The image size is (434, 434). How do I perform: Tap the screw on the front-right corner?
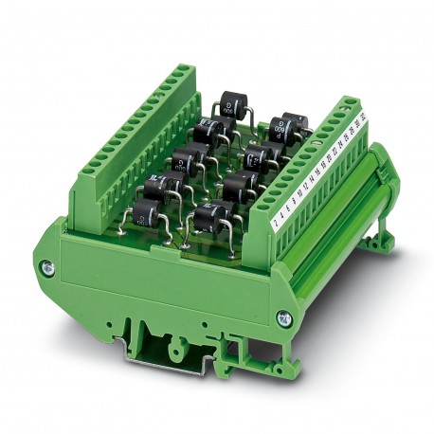[x=281, y=318]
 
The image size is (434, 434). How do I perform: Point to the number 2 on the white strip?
[x=274, y=224]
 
